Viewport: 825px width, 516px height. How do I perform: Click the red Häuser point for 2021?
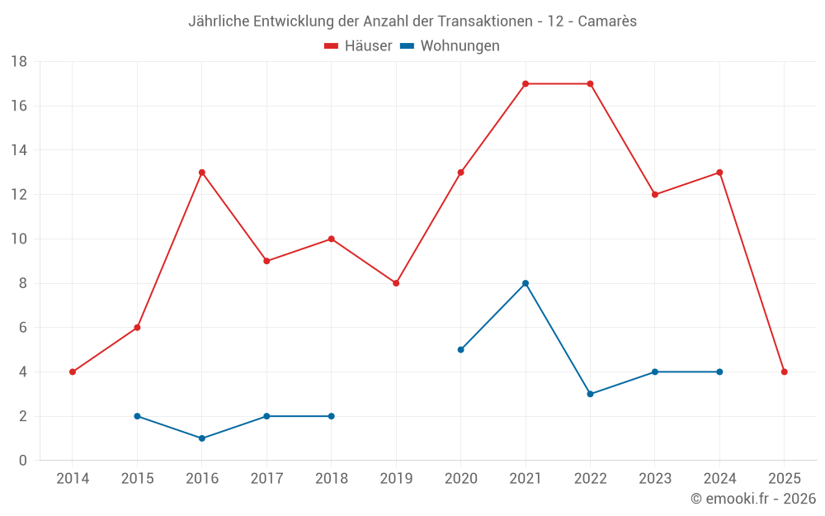click(526, 83)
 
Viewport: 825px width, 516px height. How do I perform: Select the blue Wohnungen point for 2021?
click(526, 283)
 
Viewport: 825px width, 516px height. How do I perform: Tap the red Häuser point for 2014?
click(73, 372)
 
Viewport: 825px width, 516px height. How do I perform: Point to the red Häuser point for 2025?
click(784, 372)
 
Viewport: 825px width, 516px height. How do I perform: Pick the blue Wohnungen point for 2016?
click(202, 438)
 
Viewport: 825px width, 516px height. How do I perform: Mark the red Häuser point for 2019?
click(396, 283)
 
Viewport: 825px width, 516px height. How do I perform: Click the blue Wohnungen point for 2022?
click(590, 394)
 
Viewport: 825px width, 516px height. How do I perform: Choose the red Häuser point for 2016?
click(202, 173)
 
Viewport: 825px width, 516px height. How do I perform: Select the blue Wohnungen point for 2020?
click(460, 349)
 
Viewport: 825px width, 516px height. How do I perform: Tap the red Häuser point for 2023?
click(655, 195)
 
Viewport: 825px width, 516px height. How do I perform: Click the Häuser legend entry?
click(358, 46)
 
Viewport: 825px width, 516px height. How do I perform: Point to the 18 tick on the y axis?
click(19, 62)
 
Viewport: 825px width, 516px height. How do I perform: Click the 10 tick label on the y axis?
click(19, 239)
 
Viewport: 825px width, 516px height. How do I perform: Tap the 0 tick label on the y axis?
click(23, 461)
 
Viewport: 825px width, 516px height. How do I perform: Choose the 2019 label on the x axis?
click(396, 479)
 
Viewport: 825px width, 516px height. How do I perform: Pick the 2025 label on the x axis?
click(784, 479)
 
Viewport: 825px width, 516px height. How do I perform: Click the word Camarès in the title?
click(607, 21)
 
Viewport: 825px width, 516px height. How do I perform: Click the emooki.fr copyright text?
click(753, 499)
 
